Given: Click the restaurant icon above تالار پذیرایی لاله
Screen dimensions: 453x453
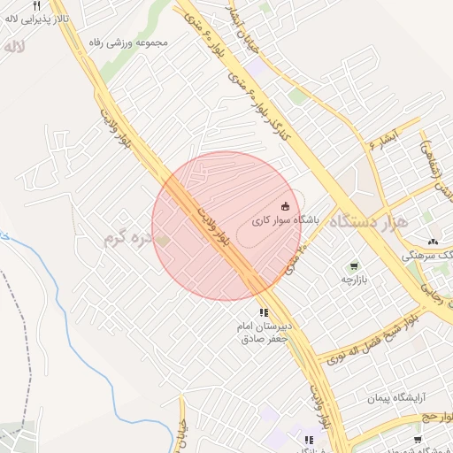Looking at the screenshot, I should tap(36, 4).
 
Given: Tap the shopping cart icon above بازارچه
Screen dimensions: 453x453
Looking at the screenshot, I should tap(354, 265).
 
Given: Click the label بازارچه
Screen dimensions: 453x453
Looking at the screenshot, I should tap(354, 279).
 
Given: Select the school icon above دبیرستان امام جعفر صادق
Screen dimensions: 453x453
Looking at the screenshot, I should tap(263, 312).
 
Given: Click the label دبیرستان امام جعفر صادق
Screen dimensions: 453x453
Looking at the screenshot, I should tap(263, 333).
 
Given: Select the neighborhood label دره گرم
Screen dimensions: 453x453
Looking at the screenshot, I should tap(124, 238).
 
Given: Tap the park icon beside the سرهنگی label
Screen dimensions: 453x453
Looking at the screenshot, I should tap(434, 241).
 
